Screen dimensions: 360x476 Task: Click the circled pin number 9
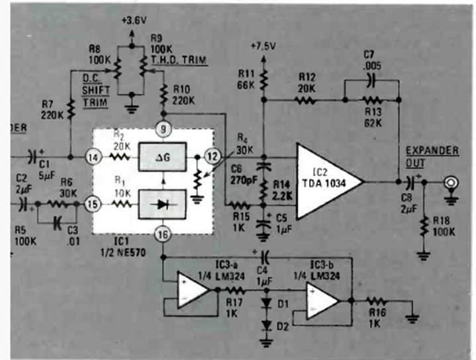click(162, 127)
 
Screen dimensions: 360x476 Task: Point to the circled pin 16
click(162, 234)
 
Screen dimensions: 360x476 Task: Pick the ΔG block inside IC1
click(162, 157)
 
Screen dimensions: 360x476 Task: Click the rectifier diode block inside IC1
click(162, 204)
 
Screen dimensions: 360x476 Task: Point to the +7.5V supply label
click(263, 46)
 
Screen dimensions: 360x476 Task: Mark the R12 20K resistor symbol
click(306, 101)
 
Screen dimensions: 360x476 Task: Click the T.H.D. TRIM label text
click(179, 60)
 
